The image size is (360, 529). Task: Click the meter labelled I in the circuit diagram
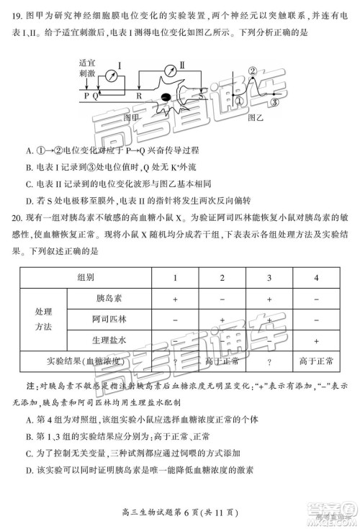click(x=111, y=76)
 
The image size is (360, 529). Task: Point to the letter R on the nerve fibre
click(x=140, y=95)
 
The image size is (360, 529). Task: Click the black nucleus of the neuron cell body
click(x=166, y=97)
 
